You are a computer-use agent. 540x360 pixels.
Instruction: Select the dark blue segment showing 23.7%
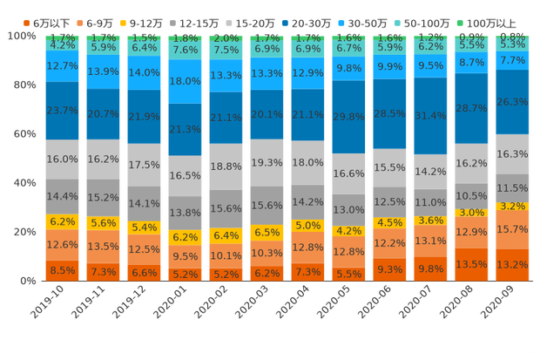pos(62,111)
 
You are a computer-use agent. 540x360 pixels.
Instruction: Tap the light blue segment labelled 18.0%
pos(185,81)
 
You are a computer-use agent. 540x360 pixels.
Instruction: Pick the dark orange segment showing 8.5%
pos(62,270)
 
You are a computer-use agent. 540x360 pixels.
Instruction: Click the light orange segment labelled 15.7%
pos(513,229)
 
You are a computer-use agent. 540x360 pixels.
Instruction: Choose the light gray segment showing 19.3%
pos(267,162)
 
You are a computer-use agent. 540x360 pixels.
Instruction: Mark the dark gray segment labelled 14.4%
pos(62,196)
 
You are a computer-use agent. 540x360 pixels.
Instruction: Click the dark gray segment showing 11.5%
pos(513,187)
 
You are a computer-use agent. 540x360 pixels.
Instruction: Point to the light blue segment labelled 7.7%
pos(513,61)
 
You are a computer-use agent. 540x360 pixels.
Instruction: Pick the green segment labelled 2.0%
pos(226,38)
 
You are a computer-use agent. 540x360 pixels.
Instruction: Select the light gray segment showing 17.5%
pos(144,165)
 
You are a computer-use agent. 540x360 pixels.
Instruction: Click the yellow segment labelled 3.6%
pos(431,221)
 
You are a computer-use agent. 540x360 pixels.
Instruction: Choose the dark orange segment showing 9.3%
pos(390,269)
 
